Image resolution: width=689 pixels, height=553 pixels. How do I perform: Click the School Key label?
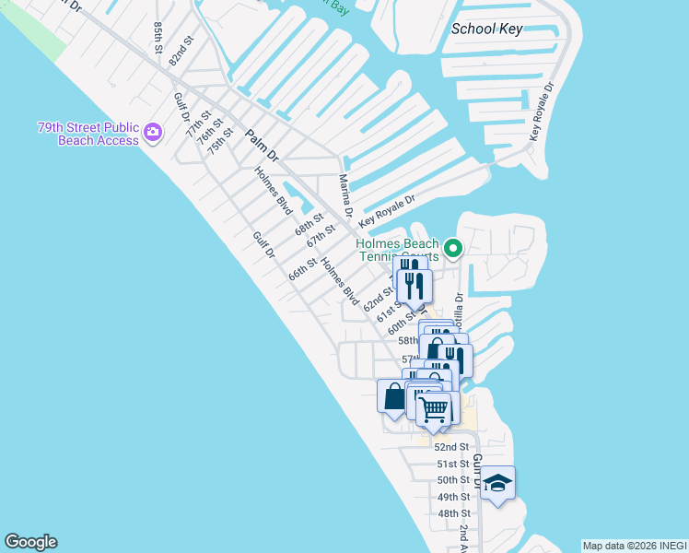(x=486, y=29)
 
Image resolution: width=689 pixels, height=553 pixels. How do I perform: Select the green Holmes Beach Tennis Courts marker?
(x=452, y=248)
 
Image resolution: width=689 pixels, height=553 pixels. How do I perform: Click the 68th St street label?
(x=309, y=223)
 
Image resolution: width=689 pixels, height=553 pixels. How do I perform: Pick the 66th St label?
(x=302, y=269)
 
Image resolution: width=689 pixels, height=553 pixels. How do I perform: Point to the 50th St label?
(x=453, y=480)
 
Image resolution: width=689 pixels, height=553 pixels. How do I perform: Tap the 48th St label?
(x=453, y=513)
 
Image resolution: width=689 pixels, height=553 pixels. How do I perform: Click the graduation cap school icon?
(x=497, y=483)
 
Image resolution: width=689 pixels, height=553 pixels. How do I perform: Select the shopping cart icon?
(x=433, y=406)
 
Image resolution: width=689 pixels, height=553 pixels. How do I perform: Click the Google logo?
(x=30, y=542)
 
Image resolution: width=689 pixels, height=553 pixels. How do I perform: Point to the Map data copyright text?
(x=634, y=546)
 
